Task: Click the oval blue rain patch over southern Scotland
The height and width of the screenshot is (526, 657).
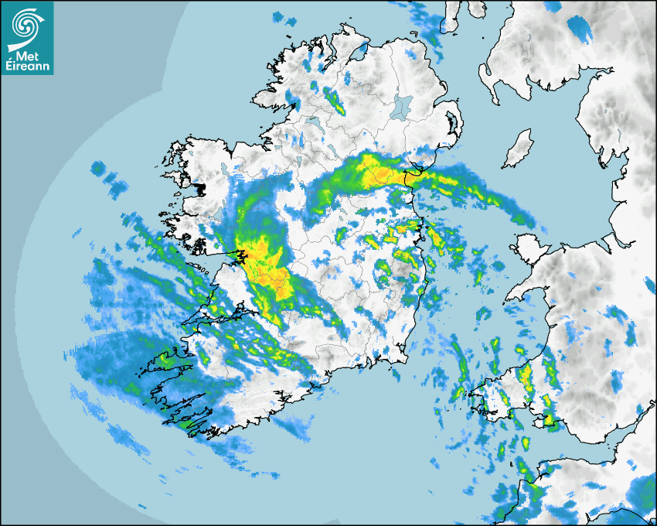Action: tap(579, 27)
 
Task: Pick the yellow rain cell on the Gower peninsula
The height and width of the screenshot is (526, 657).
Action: tap(550, 419)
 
